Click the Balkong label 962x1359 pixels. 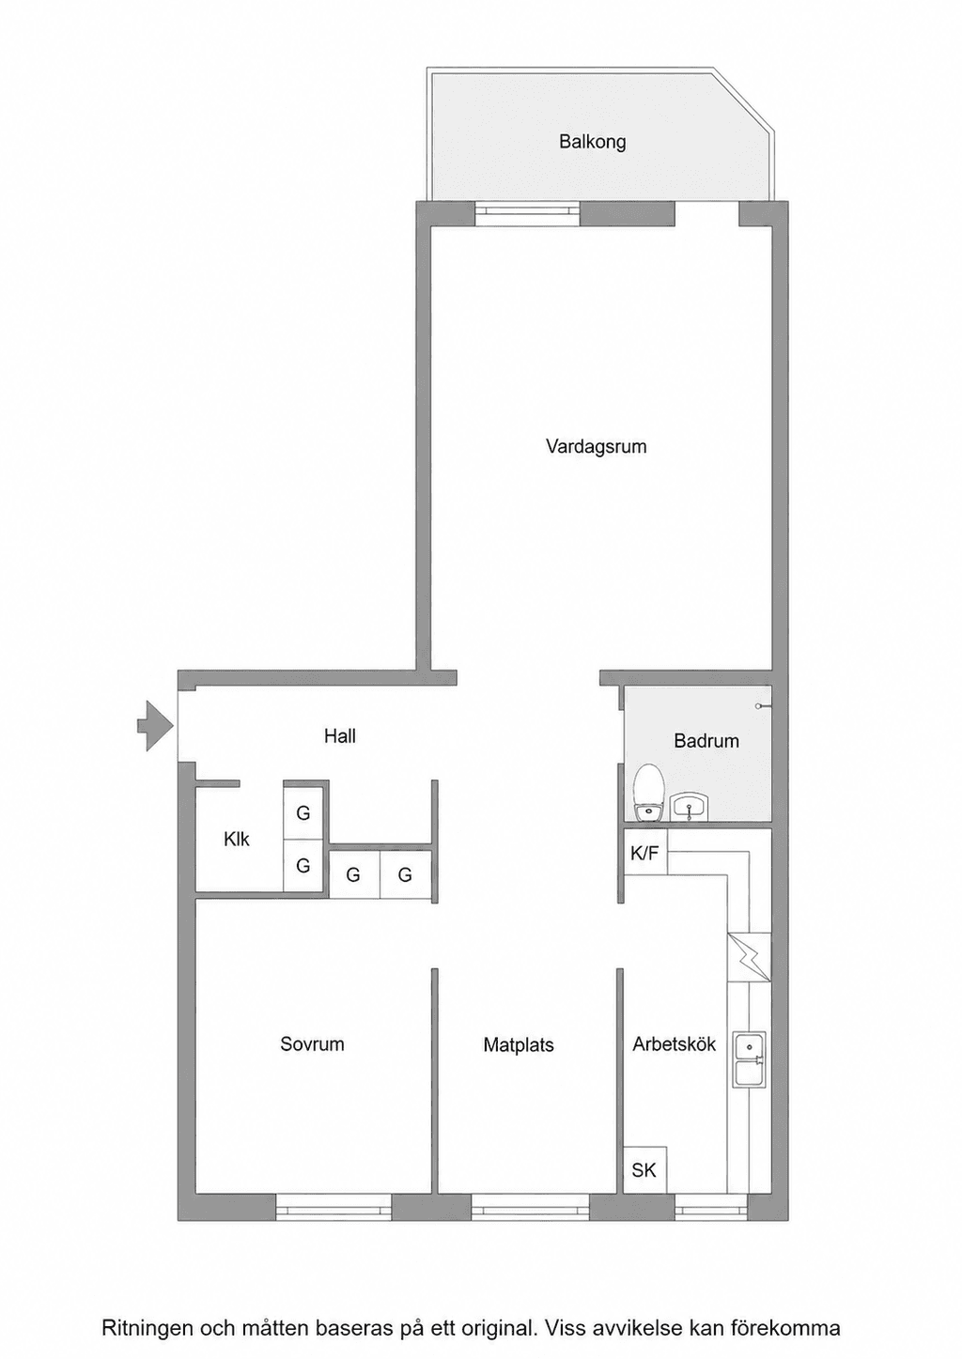pos(593,143)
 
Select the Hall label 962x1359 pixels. pos(340,736)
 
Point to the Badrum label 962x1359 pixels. pos(706,741)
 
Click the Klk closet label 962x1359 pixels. pos(237,840)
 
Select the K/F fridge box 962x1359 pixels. pos(645,853)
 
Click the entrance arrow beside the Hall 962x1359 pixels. pos(155,726)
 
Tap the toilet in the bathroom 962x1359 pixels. pos(648,793)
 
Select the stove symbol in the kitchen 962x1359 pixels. pos(749,957)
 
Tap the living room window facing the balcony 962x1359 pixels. pos(528,213)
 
